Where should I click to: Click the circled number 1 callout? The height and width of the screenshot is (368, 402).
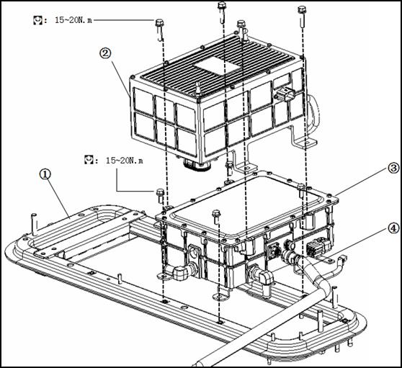pyautogui.click(x=45, y=174)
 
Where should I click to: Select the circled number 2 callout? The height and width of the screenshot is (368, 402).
pyautogui.click(x=105, y=53)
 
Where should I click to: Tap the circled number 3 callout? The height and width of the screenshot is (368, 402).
pyautogui.click(x=393, y=169)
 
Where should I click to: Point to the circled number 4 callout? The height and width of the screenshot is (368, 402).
pyautogui.click(x=393, y=228)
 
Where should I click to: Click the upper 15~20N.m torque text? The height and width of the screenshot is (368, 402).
pyautogui.click(x=73, y=20)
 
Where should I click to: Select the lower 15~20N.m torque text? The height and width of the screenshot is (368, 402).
pyautogui.click(x=125, y=161)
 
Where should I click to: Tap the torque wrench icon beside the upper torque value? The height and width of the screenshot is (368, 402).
pyautogui.click(x=37, y=20)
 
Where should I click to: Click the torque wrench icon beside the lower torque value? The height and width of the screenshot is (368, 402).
pyautogui.click(x=89, y=160)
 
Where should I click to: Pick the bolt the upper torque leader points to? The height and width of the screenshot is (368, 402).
pyautogui.click(x=159, y=29)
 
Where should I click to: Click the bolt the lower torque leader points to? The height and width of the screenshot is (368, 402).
pyautogui.click(x=160, y=195)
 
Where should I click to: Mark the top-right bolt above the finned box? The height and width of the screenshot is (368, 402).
pyautogui.click(x=303, y=16)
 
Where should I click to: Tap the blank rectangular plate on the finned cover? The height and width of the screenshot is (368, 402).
pyautogui.click(x=218, y=66)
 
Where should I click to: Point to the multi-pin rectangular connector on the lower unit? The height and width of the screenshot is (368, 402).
pyautogui.click(x=318, y=247)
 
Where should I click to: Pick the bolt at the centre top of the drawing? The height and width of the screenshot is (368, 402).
pyautogui.click(x=222, y=11)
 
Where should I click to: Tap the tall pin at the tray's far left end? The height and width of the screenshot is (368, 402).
pyautogui.click(x=34, y=224)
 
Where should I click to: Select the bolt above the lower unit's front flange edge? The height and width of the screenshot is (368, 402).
pyautogui.click(x=217, y=217)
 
